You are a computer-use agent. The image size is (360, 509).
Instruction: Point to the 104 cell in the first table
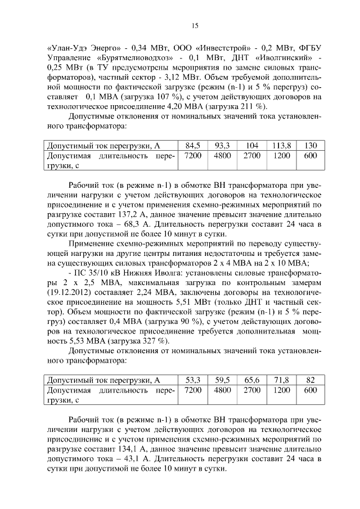(x=252, y=145)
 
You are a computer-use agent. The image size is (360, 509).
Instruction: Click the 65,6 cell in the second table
(x=252, y=380)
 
